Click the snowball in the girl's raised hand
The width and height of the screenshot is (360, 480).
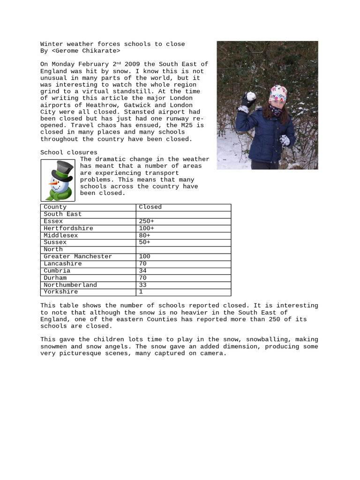coord(251,96)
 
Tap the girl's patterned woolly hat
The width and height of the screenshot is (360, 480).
coord(278,95)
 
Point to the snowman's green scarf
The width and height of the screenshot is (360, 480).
coord(60,192)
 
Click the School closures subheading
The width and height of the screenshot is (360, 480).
coord(69,152)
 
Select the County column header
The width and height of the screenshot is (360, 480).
coord(55,207)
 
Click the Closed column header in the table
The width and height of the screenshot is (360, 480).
coord(150,207)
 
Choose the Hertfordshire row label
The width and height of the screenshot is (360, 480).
coord(68,228)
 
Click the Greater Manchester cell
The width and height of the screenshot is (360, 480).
coord(78,256)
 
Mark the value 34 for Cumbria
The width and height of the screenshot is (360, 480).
coord(142,271)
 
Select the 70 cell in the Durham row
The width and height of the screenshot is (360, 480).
coord(142,278)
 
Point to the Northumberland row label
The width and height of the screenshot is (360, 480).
coord(70,285)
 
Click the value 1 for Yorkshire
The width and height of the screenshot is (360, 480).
coord(141,292)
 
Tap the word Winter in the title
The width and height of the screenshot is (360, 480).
coord(52,44)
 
